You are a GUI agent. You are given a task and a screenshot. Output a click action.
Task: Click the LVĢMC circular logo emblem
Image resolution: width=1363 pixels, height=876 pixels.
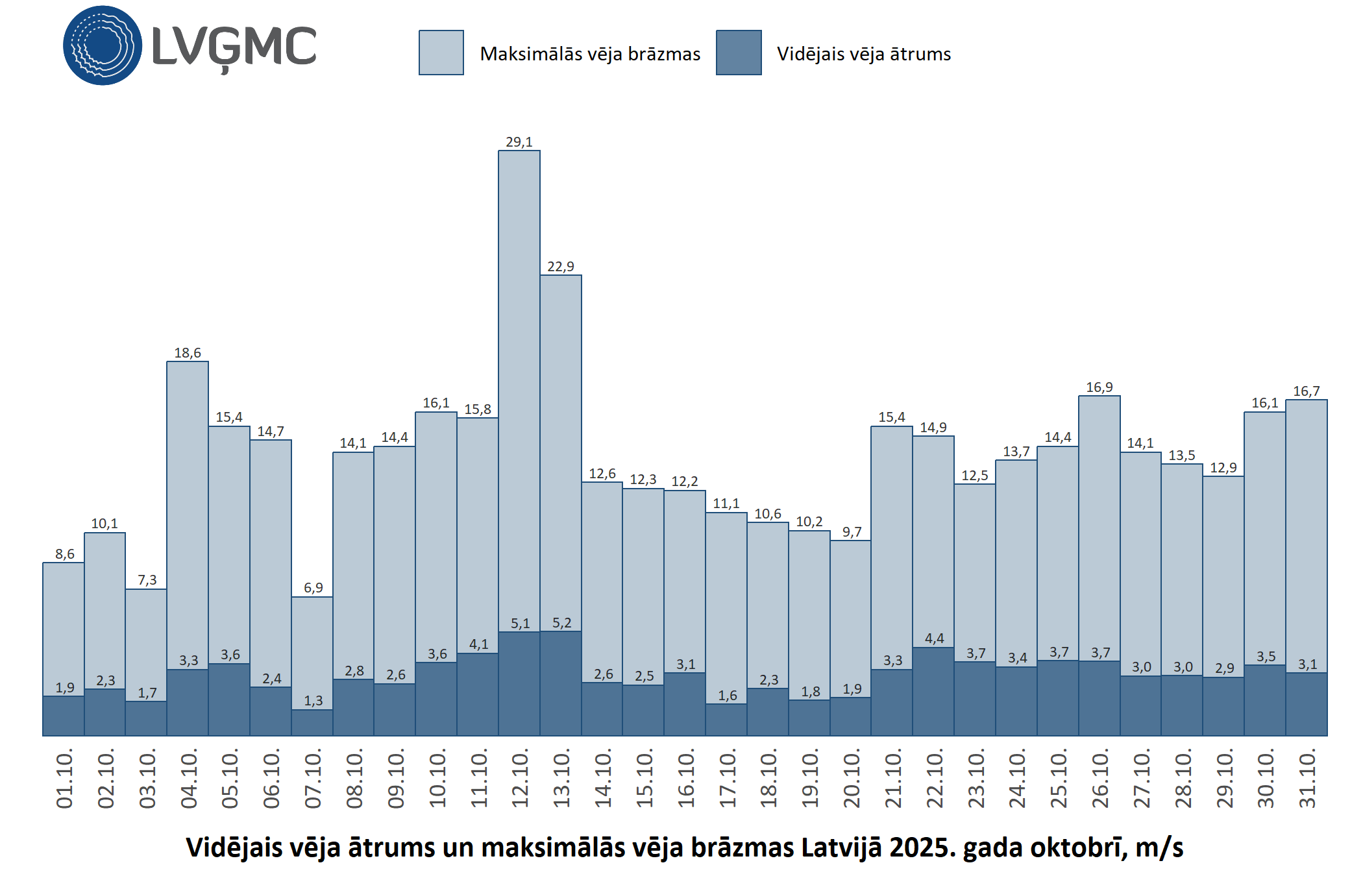[103, 45]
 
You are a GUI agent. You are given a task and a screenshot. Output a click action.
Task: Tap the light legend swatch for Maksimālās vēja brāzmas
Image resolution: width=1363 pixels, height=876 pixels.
[441, 53]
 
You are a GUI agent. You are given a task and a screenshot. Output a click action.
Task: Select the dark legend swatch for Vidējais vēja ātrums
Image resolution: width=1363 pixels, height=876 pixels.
[739, 53]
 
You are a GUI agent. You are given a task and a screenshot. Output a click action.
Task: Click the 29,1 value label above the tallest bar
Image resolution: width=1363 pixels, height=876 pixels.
[519, 141]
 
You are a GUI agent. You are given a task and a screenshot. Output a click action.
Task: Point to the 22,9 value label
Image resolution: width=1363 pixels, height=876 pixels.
[561, 267]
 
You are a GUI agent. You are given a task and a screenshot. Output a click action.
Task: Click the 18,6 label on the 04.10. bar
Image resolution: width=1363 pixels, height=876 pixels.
[188, 353]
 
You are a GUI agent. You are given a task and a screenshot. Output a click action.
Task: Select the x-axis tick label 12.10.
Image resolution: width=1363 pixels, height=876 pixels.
[520, 779]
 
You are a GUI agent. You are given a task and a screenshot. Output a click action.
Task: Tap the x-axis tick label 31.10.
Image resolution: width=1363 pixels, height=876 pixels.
[1307, 779]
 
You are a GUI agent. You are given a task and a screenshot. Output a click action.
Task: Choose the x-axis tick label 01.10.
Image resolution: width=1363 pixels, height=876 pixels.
[64, 779]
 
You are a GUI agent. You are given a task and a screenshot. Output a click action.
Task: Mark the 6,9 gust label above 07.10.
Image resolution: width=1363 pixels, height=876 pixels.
[313, 588]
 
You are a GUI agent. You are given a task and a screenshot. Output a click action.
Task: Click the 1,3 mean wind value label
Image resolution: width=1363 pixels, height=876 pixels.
[313, 701]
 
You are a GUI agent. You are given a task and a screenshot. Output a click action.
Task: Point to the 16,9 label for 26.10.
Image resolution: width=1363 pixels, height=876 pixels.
[1099, 387]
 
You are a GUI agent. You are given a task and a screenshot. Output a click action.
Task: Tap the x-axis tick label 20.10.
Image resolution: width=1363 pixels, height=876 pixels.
[851, 779]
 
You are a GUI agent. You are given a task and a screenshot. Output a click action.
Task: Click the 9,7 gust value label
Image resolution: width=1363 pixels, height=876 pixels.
[852, 532]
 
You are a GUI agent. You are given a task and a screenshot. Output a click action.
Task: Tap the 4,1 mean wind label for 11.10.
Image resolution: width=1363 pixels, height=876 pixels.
[478, 644]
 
